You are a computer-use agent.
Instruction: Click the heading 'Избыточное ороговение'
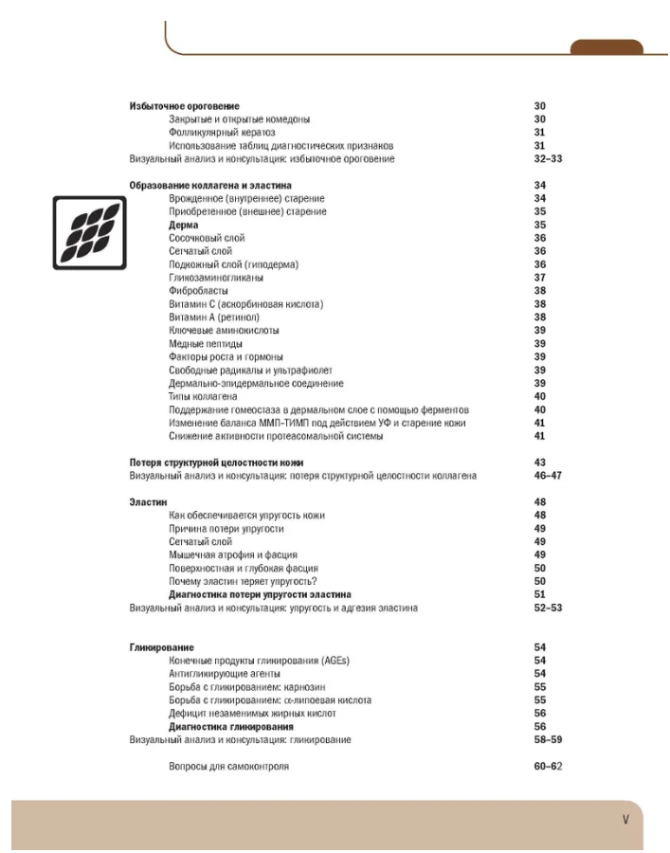pos(184,106)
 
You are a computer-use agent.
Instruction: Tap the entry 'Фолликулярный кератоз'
pos(222,133)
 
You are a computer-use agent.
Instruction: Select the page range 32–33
pos(548,159)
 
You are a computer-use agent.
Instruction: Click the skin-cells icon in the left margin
pos(89,233)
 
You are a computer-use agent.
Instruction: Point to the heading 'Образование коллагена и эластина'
pos(210,185)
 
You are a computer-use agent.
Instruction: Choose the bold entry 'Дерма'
pos(184,225)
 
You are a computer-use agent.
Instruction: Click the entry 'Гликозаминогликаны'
pos(216,278)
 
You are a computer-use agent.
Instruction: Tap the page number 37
pos(539,278)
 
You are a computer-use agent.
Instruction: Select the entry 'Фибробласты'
pos(198,291)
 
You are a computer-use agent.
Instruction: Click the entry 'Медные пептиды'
pos(205,344)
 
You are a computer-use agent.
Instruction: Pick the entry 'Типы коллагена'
pos(203,396)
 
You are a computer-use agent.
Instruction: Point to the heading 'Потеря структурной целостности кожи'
pos(216,462)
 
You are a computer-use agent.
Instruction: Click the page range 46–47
pos(548,475)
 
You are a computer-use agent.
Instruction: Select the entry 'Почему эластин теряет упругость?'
pos(243,581)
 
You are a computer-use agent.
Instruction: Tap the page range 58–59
pos(548,739)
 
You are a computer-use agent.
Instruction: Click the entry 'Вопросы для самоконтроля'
pos(228,766)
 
